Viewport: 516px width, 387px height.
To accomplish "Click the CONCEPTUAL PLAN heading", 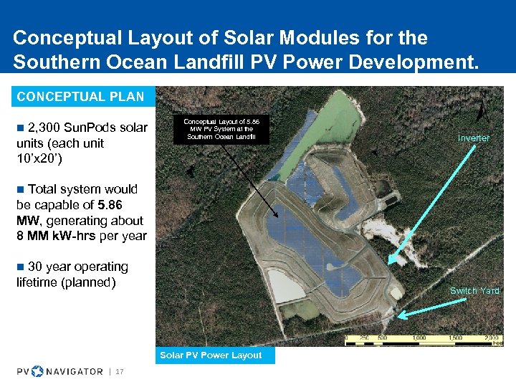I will (x=80, y=96).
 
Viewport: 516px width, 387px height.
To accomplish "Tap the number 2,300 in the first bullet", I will (x=44, y=128).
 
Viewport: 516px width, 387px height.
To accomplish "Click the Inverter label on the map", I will (x=474, y=138).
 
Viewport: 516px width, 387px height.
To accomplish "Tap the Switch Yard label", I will (x=474, y=290).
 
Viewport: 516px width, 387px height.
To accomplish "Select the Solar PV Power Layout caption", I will (x=211, y=355).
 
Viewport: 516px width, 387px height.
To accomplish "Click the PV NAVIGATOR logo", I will (x=60, y=371).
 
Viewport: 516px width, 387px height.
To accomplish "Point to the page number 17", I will (x=120, y=371).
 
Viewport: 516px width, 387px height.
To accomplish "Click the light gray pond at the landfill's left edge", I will (x=283, y=285).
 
